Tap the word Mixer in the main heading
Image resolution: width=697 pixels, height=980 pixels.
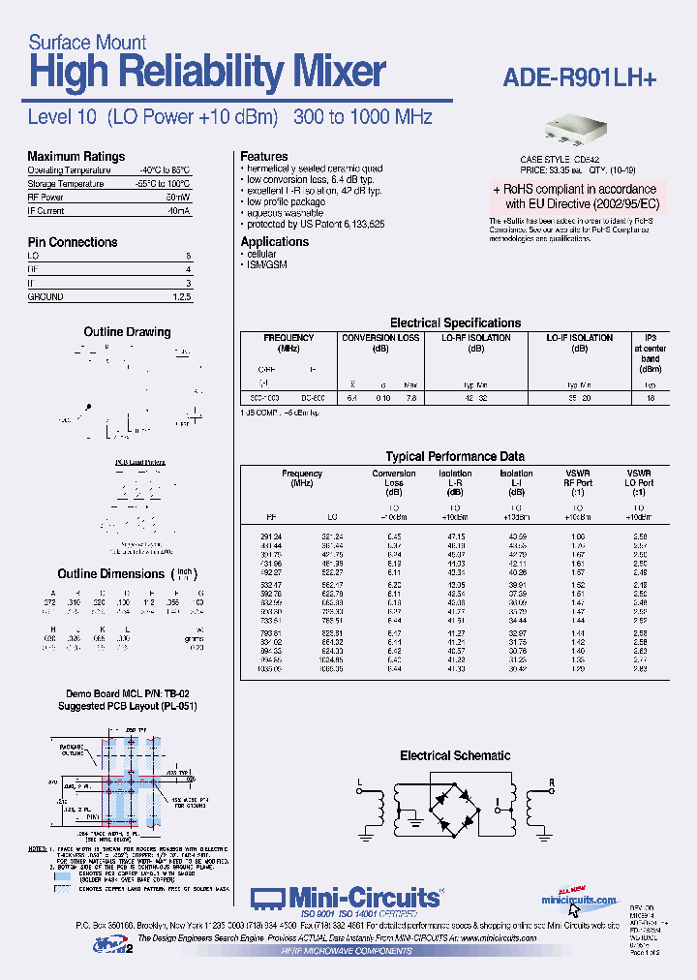point(329,74)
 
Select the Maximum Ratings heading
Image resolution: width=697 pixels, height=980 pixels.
point(76,157)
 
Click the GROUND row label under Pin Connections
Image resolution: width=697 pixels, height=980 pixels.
point(45,297)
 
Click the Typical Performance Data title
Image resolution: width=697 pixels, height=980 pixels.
point(455,456)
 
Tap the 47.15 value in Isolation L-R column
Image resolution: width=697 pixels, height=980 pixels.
point(455,536)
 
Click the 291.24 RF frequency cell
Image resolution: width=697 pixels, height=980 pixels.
point(270,536)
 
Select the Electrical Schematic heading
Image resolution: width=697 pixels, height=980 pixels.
point(455,755)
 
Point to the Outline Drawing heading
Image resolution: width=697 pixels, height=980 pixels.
point(127,332)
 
